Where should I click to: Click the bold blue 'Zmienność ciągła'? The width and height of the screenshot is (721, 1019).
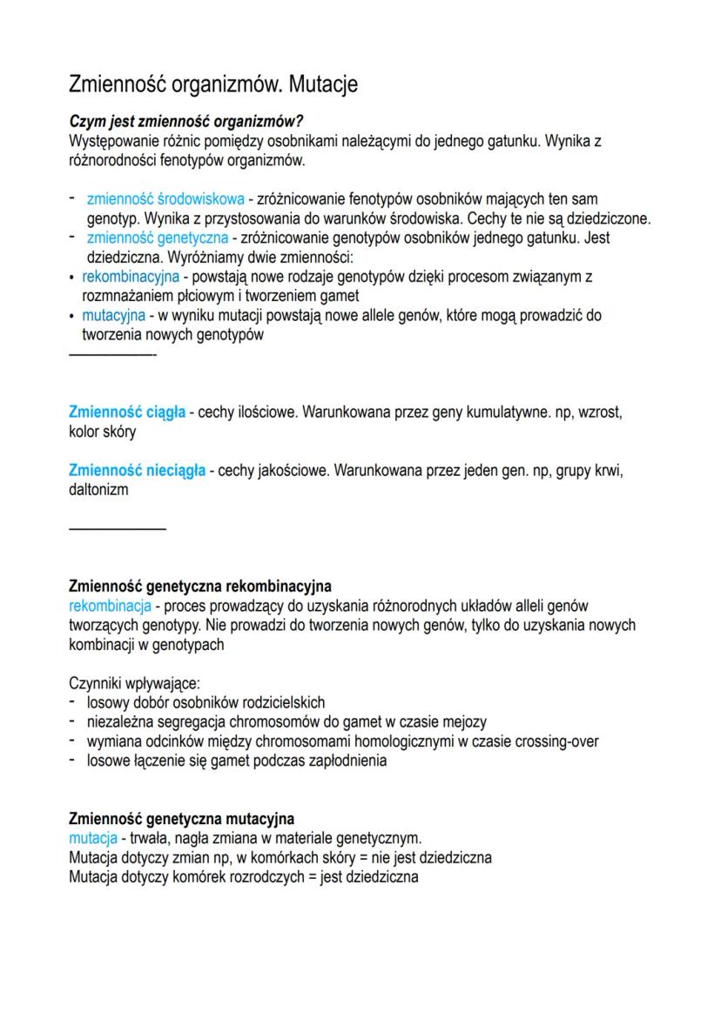[127, 412]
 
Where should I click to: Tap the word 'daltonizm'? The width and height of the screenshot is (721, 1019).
[98, 490]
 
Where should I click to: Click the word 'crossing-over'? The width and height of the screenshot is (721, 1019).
[556, 741]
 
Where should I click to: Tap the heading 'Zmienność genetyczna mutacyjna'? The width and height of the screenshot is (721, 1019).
[181, 819]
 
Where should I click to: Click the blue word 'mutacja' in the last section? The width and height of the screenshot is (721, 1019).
[92, 838]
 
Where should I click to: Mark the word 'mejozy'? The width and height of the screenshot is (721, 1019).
[465, 722]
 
